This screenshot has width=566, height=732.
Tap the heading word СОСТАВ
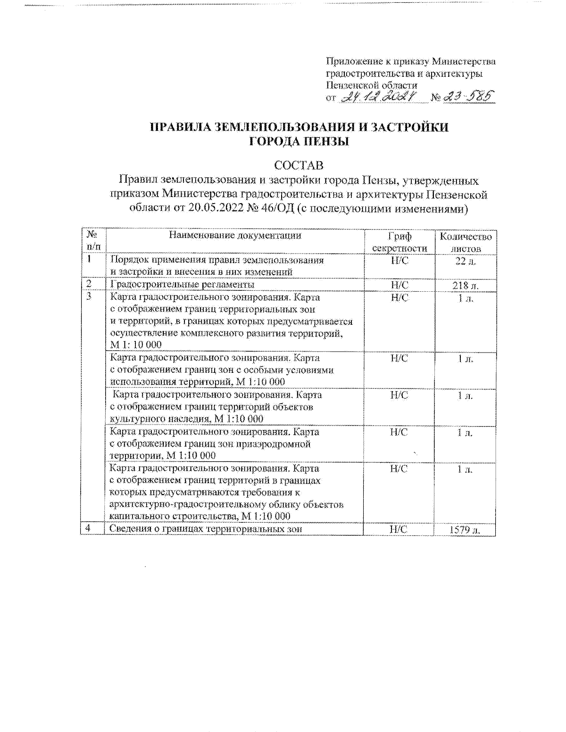(299, 165)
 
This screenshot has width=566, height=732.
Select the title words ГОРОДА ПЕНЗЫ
(299, 141)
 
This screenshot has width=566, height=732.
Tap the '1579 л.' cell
(465, 530)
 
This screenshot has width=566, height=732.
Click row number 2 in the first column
(89, 284)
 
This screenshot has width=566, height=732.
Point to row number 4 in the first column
(88, 529)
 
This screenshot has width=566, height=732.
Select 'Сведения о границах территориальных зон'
(205, 529)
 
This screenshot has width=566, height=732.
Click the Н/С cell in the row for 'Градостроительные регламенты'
(400, 285)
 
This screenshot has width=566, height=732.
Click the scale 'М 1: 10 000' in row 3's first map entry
(136, 345)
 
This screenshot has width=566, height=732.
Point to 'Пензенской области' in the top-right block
(372, 85)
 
